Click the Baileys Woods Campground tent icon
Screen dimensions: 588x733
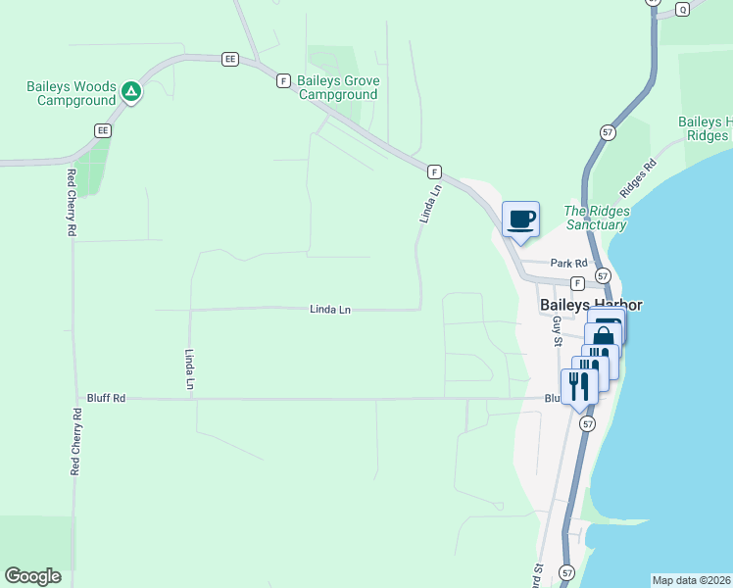pyautogui.click(x=131, y=93)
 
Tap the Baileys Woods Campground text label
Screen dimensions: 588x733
pyautogui.click(x=72, y=93)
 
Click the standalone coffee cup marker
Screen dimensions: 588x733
pyautogui.click(x=520, y=220)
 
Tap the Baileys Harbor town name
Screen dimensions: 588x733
pyautogui.click(x=591, y=305)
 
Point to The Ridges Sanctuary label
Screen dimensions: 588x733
pyautogui.click(x=596, y=218)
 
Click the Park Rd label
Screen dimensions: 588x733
pyautogui.click(x=568, y=263)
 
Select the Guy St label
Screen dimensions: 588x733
pyautogui.click(x=557, y=327)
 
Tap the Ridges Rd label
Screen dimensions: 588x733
pyautogui.click(x=637, y=177)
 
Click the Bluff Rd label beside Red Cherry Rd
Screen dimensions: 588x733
pyautogui.click(x=106, y=398)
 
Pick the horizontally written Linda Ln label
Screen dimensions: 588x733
pyautogui.click(x=330, y=310)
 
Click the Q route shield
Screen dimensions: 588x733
pyautogui.click(x=683, y=9)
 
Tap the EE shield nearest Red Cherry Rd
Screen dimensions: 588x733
pyautogui.click(x=102, y=129)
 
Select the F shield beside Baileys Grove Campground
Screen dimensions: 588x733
pyautogui.click(x=283, y=80)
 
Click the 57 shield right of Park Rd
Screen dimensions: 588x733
pyautogui.click(x=602, y=276)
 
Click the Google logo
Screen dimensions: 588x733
pyautogui.click(x=32, y=576)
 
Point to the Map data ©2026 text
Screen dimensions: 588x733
pyautogui.click(x=691, y=580)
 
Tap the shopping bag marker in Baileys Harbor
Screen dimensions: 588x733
pyautogui.click(x=604, y=336)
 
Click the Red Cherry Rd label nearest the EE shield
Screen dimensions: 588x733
pyautogui.click(x=71, y=203)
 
